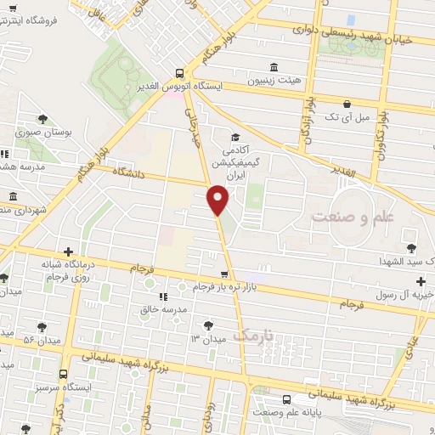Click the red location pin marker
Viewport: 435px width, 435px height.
pyautogui.click(x=218, y=199)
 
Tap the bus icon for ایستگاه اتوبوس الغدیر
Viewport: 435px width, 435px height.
pyautogui.click(x=179, y=73)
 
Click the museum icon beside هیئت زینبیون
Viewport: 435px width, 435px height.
pyautogui.click(x=274, y=67)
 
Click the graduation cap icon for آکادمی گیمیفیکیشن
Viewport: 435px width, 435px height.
pyautogui.click(x=234, y=137)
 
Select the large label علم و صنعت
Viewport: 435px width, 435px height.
pyautogui.click(x=353, y=217)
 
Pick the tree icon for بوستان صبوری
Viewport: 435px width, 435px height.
pyautogui.click(x=43, y=120)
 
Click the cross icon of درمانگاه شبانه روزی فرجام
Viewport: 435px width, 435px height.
pyautogui.click(x=69, y=251)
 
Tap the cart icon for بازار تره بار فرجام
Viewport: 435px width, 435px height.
pyautogui.click(x=223, y=274)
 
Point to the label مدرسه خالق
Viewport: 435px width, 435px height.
pyautogui.click(x=162, y=310)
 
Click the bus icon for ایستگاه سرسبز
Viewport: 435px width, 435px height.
pyautogui.click(x=63, y=373)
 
